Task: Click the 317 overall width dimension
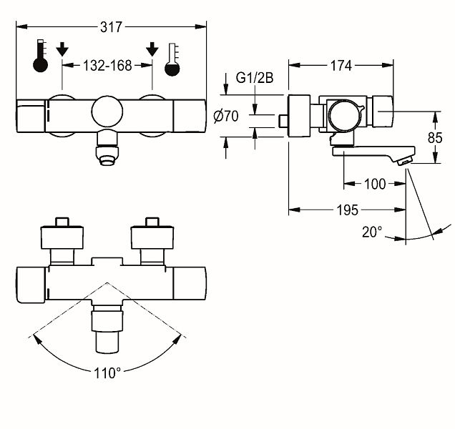(x=111, y=27)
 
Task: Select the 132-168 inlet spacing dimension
(x=107, y=66)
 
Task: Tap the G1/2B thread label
(x=255, y=78)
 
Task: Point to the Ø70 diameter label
(x=226, y=117)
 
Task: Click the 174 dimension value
(x=341, y=66)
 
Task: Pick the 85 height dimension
(x=435, y=138)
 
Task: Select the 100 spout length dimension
(x=375, y=184)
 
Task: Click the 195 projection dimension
(x=348, y=210)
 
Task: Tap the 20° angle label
(x=372, y=232)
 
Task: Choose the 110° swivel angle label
(x=107, y=373)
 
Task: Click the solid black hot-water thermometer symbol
(x=40, y=56)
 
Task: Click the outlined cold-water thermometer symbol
(x=172, y=60)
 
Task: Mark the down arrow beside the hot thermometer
(x=62, y=49)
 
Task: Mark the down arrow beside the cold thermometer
(x=152, y=49)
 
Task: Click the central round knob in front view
(x=107, y=112)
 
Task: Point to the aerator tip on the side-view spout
(x=405, y=162)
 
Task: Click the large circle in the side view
(x=344, y=114)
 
